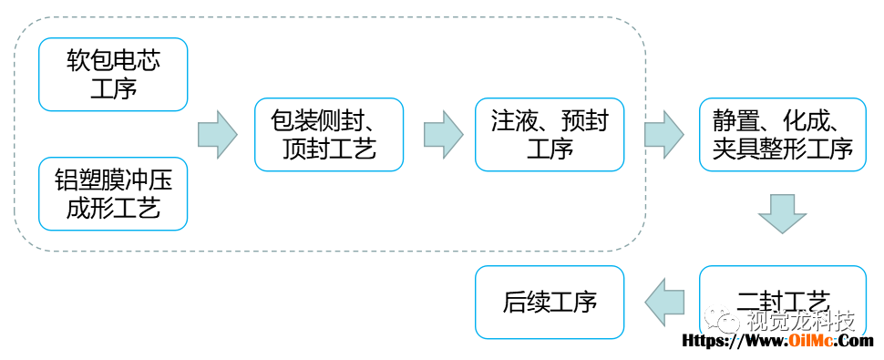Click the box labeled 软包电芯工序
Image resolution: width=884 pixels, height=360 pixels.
pos(113,75)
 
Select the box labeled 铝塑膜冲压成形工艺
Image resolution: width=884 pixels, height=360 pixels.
pos(113,194)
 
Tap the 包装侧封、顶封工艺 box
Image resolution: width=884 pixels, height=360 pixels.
pos(329,135)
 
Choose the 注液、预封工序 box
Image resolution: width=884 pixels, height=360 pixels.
pos(550,135)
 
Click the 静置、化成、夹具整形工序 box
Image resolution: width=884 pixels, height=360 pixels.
pos(783,135)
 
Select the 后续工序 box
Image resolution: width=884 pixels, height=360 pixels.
pos(550,303)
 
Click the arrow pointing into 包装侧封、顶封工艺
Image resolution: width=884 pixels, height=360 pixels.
pos(218,135)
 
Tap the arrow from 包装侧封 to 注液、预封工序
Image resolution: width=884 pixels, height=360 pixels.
pos(443,135)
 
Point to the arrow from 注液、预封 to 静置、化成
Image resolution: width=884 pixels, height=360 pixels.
pos(664,135)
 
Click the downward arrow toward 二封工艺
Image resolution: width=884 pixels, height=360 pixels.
pos(783,214)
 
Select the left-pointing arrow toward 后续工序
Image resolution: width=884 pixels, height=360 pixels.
pos(664,303)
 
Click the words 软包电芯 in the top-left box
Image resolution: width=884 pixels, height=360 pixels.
pos(113,61)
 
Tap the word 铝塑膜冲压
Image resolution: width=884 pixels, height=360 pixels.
pos(113,180)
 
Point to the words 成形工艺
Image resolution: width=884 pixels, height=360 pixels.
pos(113,208)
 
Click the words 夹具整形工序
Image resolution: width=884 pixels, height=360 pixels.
pos(783,149)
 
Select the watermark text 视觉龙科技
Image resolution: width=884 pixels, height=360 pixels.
pos(801,322)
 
